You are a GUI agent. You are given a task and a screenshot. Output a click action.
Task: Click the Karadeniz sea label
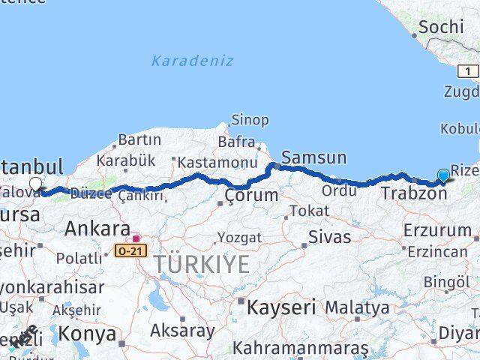pos(192,61)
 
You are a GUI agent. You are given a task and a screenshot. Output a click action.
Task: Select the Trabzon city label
pos(413,193)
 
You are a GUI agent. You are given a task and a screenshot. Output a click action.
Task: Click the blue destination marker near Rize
pos(443,176)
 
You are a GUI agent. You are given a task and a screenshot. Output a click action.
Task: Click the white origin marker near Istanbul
pos(35,184)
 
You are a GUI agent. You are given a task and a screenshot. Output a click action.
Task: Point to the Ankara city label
pos(97,229)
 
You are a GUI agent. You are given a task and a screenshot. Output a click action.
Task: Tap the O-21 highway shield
pos(130,250)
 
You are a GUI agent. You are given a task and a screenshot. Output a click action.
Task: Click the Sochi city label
pos(441,27)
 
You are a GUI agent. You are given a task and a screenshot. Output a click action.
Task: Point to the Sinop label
pos(250,120)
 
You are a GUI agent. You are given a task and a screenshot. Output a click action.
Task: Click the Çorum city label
pos(251,196)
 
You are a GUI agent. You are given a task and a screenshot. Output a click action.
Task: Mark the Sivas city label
pos(329,237)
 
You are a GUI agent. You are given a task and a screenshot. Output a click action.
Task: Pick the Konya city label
pos(88,332)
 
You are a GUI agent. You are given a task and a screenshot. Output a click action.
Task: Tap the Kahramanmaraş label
pos(300,349)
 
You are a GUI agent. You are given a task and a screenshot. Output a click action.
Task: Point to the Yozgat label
pos(239,238)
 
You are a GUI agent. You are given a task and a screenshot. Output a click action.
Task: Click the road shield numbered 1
pos(468,71)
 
